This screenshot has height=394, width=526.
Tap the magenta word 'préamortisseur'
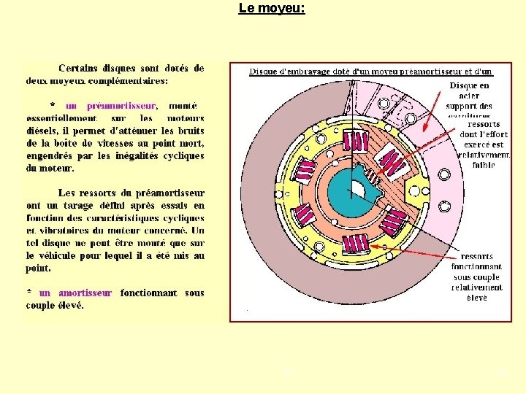point(111,105)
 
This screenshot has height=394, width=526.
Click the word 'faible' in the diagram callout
point(483,165)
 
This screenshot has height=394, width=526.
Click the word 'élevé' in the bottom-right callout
point(476,298)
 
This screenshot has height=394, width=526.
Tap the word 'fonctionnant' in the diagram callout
point(477,267)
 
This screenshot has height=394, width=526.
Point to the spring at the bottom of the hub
point(357,250)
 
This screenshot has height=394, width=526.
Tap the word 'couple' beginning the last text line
point(41,305)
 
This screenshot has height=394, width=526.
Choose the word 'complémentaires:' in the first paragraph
point(129,80)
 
